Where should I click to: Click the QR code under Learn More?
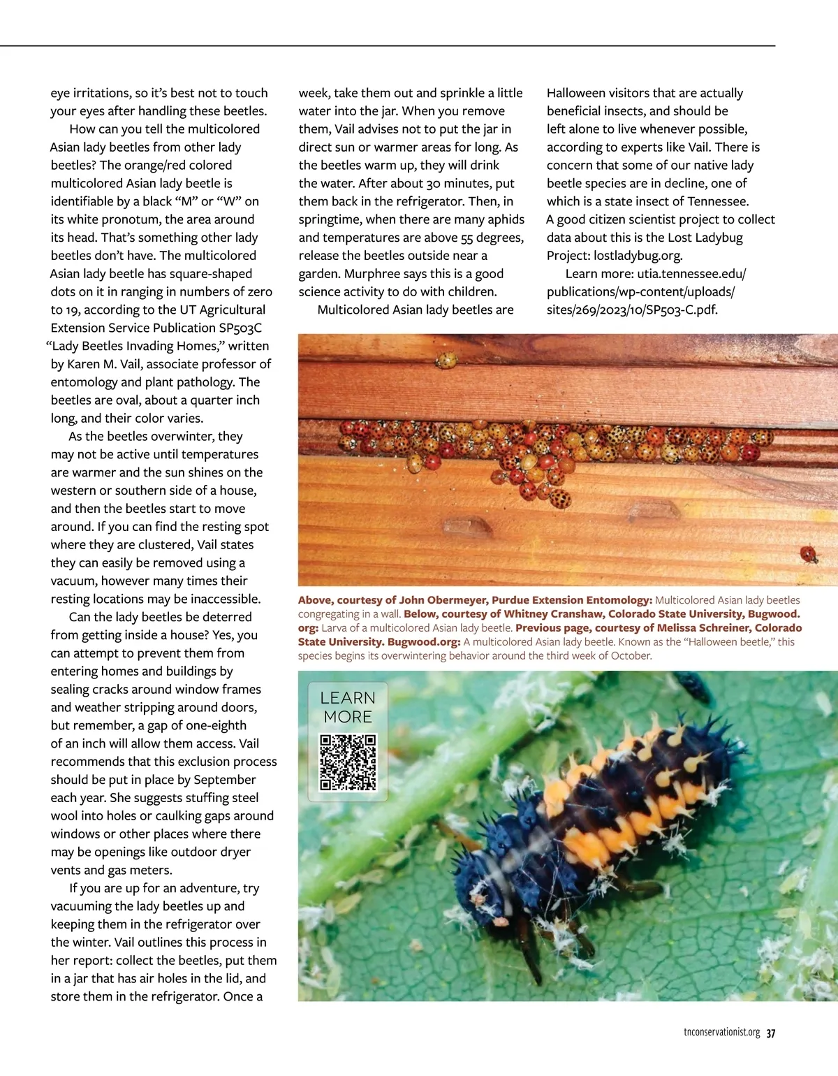point(348,762)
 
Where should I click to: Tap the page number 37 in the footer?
point(771,1033)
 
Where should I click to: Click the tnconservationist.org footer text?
point(721,1033)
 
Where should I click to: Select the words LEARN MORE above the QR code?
point(348,707)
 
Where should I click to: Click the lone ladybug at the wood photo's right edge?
point(809,555)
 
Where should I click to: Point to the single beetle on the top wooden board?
point(446,361)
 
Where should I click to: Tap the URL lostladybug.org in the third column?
point(638,256)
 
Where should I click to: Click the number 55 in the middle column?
point(467,238)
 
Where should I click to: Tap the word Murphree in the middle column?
point(375,274)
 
